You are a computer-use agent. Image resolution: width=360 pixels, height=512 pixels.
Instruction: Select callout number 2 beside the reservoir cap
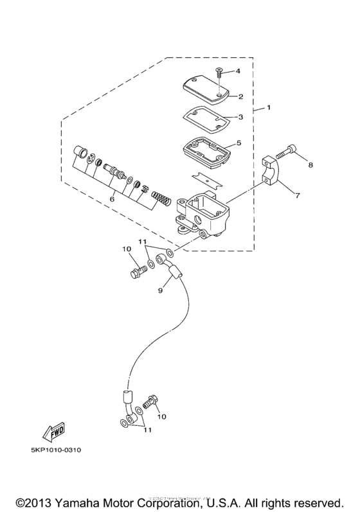[240, 96]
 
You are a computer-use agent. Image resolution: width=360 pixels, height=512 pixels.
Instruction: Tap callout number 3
[240, 118]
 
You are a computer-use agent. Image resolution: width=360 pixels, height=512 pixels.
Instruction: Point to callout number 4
[237, 70]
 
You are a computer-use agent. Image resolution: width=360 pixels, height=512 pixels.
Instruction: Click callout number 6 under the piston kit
[113, 199]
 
